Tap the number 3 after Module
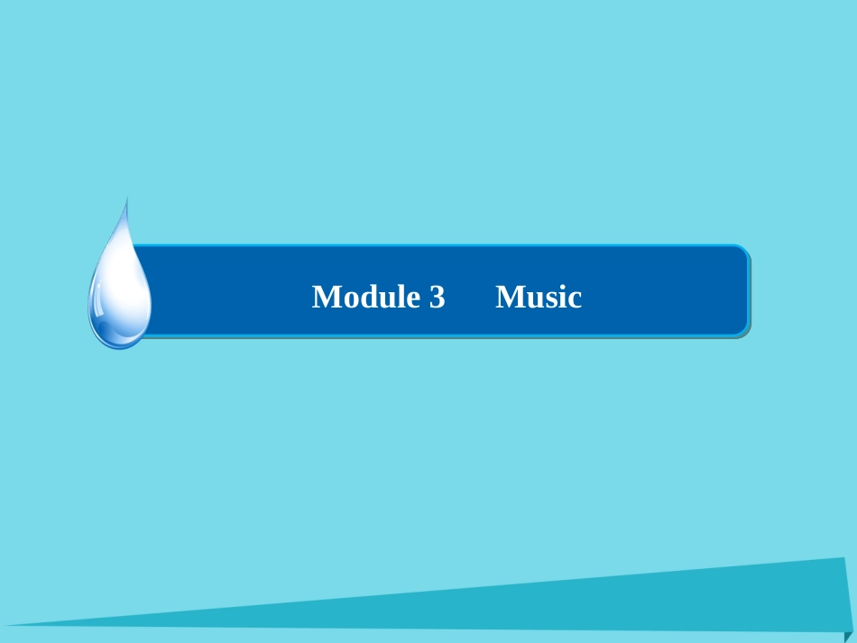tap(438, 298)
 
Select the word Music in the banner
tap(539, 297)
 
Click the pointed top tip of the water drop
tap(126, 199)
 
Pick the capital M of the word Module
tap(324, 297)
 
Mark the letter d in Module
tap(361, 297)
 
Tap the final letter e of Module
tap(403, 299)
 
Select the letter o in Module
tap(344, 299)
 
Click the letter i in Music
tap(559, 297)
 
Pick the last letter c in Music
tap(574, 299)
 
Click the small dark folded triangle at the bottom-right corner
tap(848, 636)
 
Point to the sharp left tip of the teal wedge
tap(7, 624)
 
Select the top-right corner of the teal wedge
tap(847, 559)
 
